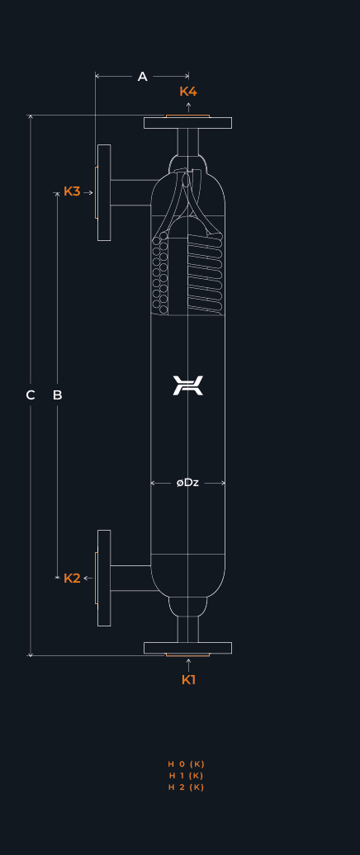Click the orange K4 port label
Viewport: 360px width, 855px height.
pyautogui.click(x=188, y=91)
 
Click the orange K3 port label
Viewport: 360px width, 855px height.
pyautogui.click(x=72, y=191)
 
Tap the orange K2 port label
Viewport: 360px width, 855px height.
pyautogui.click(x=72, y=579)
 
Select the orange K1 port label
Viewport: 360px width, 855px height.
pyautogui.click(x=188, y=680)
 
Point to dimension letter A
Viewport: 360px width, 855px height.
pyautogui.click(x=142, y=77)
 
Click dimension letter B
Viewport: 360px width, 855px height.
pyautogui.click(x=57, y=395)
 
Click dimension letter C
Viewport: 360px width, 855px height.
pyautogui.click(x=31, y=395)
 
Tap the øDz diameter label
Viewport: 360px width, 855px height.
pyautogui.click(x=187, y=483)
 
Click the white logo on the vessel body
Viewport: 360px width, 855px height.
pyautogui.click(x=187, y=385)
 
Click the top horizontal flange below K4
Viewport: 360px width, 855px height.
pyautogui.click(x=187, y=123)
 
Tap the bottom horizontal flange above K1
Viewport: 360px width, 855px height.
pyautogui.click(x=187, y=648)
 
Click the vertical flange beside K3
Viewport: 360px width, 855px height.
pyautogui.click(x=104, y=192)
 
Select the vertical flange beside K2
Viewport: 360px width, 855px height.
pyautogui.click(x=104, y=578)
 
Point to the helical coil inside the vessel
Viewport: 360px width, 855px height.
pyautogui.click(x=206, y=273)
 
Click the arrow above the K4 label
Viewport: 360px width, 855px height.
pyautogui.click(x=188, y=106)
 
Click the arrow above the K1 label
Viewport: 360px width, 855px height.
pyautogui.click(x=188, y=664)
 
